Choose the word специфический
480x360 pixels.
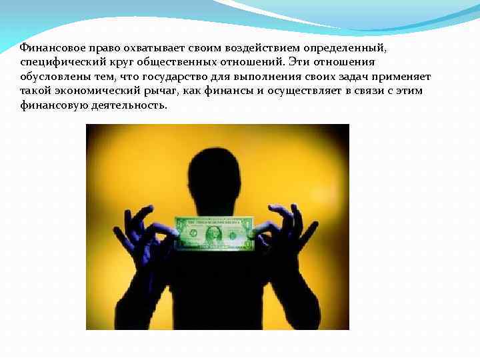(58, 62)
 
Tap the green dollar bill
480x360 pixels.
(214, 233)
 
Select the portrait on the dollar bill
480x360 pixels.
(214, 233)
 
